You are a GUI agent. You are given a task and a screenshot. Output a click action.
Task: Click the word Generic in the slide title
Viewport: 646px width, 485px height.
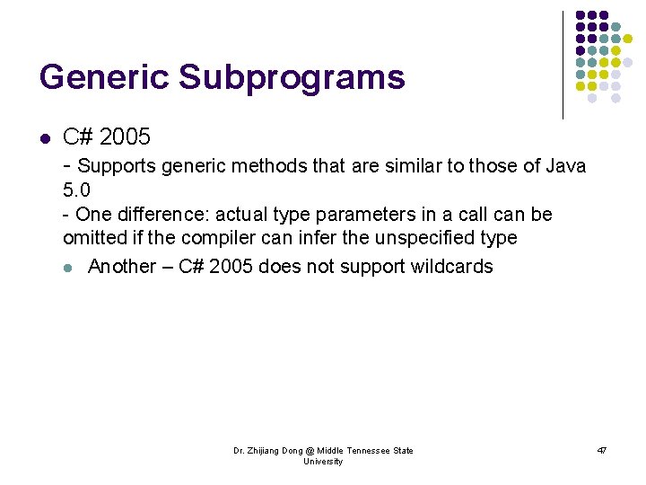pos(104,77)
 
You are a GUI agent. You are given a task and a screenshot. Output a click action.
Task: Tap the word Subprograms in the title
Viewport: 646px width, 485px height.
pos(292,77)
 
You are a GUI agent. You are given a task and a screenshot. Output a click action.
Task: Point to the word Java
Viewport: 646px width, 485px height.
pos(564,165)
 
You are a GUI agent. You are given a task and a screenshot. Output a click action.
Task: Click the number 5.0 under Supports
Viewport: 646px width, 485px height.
pos(76,190)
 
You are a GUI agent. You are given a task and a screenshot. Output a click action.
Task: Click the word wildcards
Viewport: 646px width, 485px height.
pos(451,267)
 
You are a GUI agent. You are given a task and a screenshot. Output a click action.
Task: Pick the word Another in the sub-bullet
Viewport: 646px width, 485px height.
pos(123,267)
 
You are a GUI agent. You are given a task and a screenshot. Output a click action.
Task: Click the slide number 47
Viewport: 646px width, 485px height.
pos(601,450)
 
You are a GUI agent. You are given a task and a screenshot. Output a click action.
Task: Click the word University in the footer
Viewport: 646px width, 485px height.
pos(323,462)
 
